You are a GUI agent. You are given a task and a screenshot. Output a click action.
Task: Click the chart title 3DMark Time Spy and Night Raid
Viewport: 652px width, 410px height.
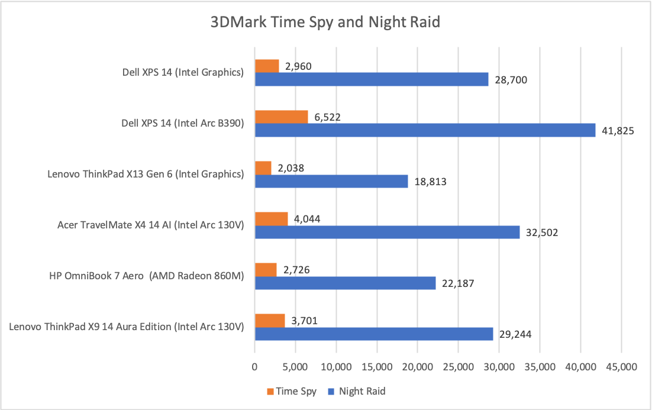(x=326, y=23)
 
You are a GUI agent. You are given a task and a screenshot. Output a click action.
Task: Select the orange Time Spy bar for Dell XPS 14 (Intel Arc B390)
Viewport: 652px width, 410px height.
(x=281, y=117)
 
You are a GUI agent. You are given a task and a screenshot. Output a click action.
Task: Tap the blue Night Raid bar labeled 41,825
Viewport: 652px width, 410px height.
(x=425, y=130)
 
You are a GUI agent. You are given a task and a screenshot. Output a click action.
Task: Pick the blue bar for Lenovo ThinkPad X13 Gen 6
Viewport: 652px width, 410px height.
(x=331, y=181)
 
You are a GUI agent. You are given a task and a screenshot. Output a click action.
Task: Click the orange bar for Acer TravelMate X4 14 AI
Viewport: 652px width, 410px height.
(x=271, y=219)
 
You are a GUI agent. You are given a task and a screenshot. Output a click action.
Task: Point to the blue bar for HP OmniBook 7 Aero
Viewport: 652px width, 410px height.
(x=345, y=283)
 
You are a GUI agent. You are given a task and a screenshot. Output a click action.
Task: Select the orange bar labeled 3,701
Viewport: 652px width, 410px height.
(x=270, y=321)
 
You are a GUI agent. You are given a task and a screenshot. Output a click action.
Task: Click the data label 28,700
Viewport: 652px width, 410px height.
(x=511, y=79)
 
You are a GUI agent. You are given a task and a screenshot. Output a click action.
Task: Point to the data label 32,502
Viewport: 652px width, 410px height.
(x=542, y=232)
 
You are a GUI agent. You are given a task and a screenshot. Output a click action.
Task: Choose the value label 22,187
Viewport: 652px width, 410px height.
(x=458, y=283)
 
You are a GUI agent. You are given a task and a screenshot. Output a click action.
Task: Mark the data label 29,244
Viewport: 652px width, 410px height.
(x=515, y=334)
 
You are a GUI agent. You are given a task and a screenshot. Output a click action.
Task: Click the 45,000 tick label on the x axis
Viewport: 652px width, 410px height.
(x=621, y=367)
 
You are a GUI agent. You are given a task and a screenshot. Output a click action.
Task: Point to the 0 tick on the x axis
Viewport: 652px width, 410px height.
(x=254, y=367)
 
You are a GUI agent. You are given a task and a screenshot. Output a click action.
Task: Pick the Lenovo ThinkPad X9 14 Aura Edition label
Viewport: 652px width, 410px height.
(x=127, y=327)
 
